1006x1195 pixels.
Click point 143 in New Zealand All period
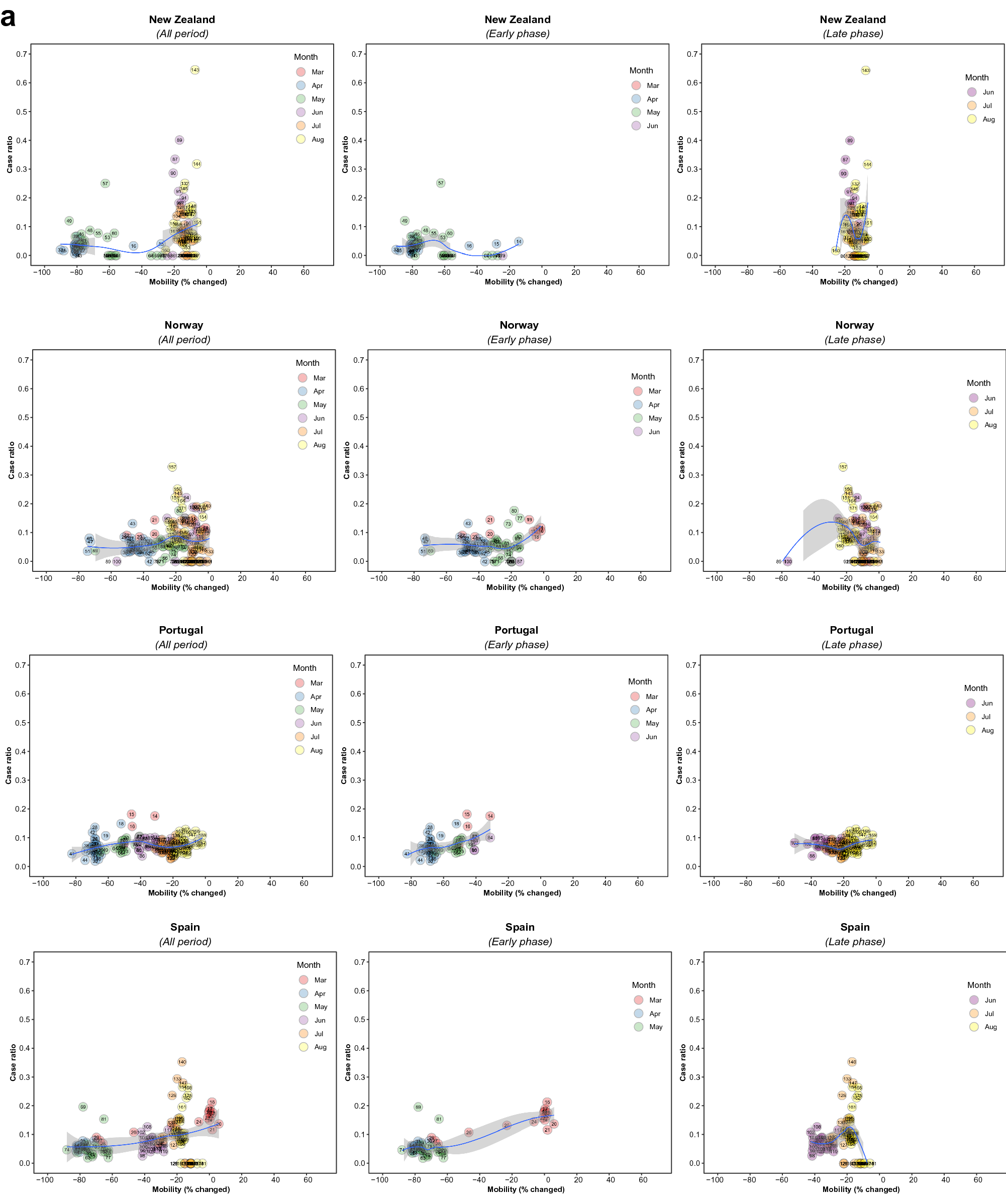(x=195, y=69)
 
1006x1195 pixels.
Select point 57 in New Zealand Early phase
(x=440, y=183)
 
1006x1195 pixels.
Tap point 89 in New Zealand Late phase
(x=850, y=140)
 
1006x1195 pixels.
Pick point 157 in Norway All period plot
(x=172, y=466)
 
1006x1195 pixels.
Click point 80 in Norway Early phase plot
(x=514, y=511)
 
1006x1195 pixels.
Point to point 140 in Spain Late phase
(x=851, y=1061)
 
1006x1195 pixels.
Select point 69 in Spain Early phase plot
(x=418, y=1107)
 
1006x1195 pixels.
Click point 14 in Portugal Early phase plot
(x=490, y=816)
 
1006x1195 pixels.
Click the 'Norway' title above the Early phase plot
(x=519, y=325)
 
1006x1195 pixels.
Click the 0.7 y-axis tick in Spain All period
(x=25, y=962)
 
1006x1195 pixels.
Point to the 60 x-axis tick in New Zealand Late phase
(x=976, y=272)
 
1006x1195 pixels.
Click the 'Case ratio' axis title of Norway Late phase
(x=681, y=460)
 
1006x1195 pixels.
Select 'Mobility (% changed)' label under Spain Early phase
(x=525, y=1189)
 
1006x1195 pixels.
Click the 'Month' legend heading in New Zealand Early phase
(x=641, y=70)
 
